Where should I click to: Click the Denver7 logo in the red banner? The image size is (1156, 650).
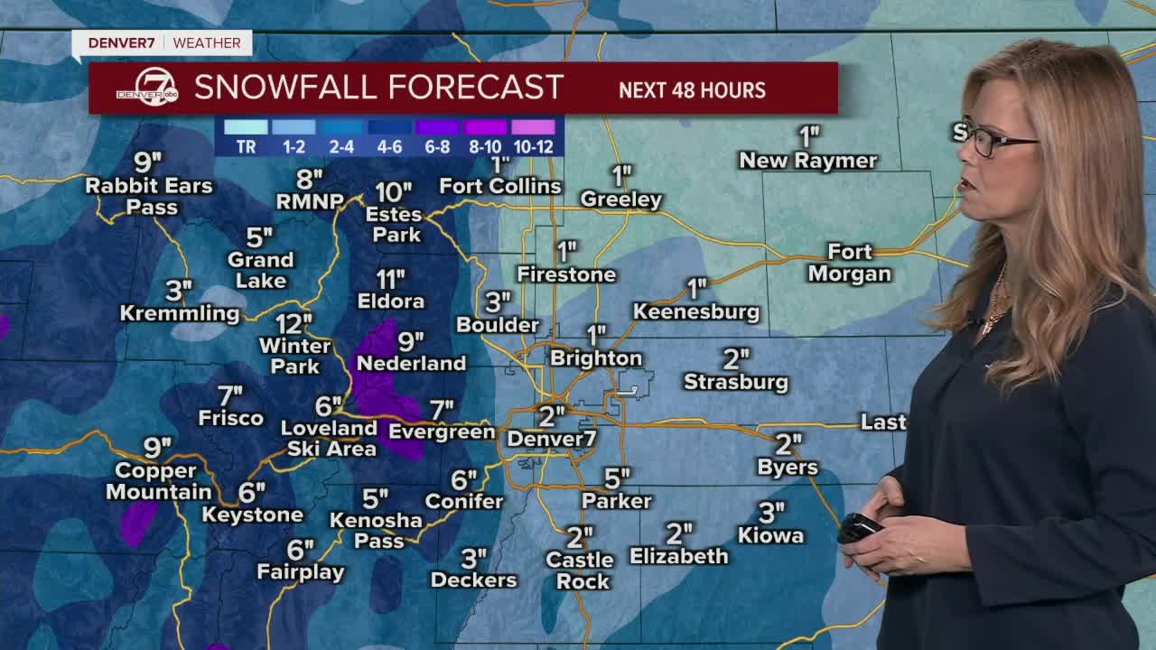[x=146, y=88]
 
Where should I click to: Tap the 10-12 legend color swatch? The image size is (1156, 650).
[x=533, y=127]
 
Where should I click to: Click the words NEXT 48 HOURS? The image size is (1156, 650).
[x=692, y=90]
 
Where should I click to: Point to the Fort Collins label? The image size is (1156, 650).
[x=500, y=186]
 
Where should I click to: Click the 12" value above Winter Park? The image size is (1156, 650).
[x=294, y=323]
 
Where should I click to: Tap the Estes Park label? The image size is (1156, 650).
[x=394, y=225]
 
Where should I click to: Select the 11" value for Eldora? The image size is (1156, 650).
[x=390, y=279]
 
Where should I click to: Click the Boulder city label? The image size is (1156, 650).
[x=498, y=325]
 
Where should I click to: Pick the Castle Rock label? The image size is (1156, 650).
[x=580, y=571]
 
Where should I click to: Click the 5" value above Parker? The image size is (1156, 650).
[x=617, y=478]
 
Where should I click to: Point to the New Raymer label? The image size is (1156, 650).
[x=808, y=161]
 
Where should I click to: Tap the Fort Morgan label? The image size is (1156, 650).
[x=849, y=263]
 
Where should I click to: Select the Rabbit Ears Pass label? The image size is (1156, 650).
[x=149, y=196]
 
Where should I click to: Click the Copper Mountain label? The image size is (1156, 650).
[x=158, y=481]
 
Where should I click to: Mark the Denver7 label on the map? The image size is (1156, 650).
[x=551, y=439]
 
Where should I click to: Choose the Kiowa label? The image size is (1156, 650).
[x=770, y=536]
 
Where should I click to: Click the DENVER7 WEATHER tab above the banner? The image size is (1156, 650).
[x=163, y=43]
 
